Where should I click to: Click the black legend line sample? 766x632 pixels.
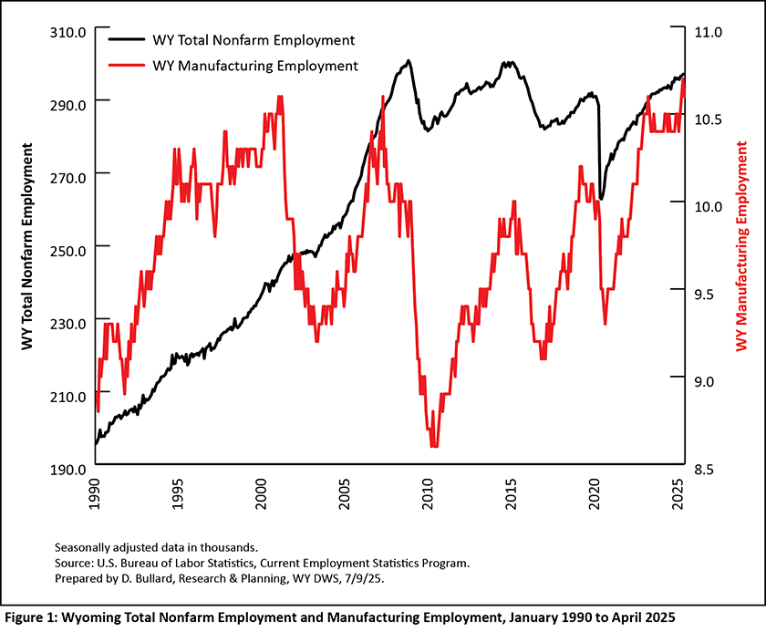[127, 40]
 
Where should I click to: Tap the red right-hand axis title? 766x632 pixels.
[741, 246]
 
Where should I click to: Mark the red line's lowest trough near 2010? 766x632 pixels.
[434, 446]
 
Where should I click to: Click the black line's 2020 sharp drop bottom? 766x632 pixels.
[602, 198]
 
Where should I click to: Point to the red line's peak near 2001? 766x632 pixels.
[280, 97]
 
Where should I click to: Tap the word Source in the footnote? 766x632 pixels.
[75, 563]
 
